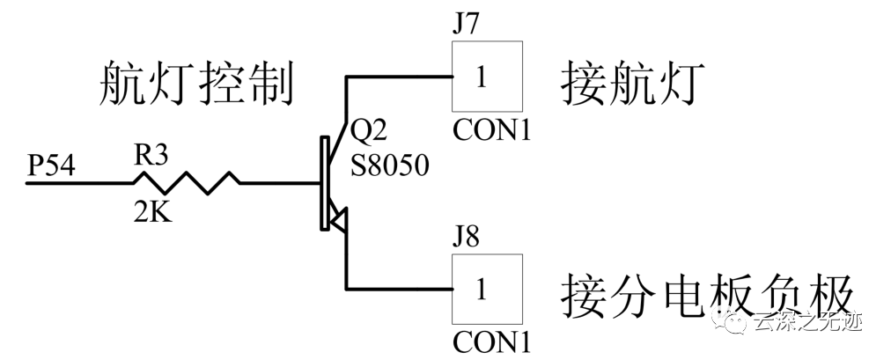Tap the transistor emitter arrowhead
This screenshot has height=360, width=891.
click(338, 218)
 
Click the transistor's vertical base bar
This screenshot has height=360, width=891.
click(325, 184)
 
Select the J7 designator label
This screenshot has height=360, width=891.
click(466, 23)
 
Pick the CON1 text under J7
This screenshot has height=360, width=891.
click(492, 131)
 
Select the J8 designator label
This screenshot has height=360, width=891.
click(466, 238)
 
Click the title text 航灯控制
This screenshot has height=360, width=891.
click(194, 85)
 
